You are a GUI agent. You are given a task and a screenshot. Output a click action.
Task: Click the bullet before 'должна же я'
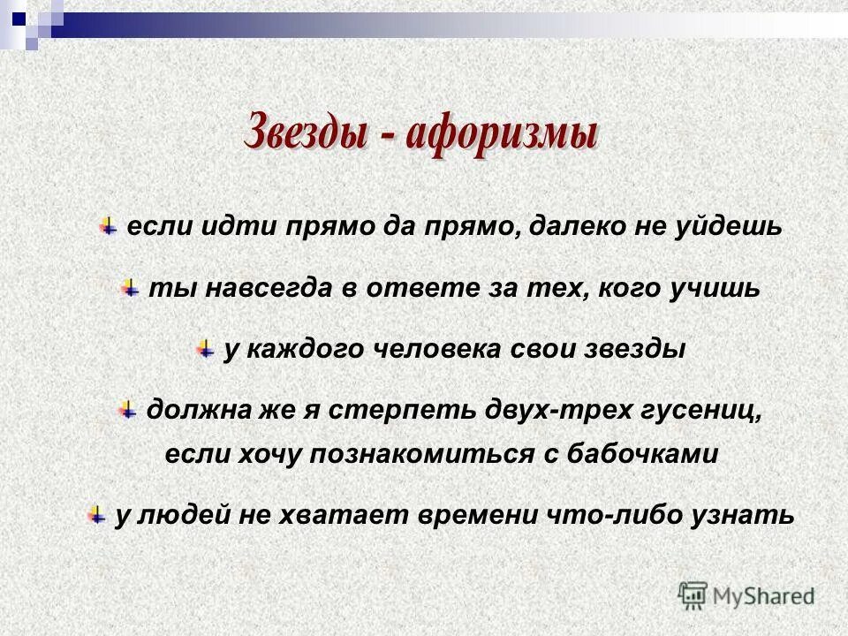click(x=127, y=409)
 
